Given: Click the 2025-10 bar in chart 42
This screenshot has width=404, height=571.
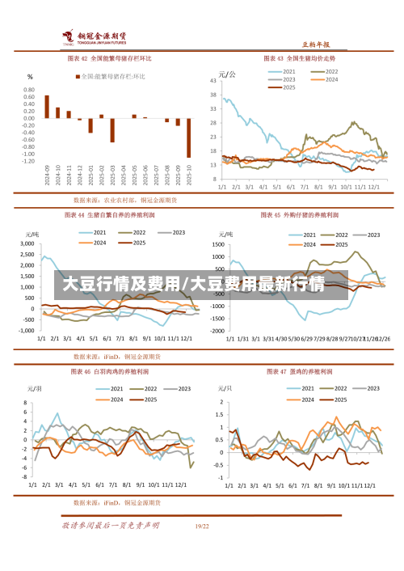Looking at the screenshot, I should pos(189,138).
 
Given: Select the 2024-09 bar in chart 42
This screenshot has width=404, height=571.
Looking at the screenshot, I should pos(47,107).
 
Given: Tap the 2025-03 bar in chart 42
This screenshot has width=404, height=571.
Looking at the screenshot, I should pos(112,130).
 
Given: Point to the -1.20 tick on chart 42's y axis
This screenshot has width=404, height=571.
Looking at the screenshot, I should pos(28,161).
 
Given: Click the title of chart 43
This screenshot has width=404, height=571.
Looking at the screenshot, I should pos(300,58).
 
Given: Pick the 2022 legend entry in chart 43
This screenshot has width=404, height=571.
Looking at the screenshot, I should pos(330,71).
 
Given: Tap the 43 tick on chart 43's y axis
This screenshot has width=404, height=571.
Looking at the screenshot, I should pos(214,80).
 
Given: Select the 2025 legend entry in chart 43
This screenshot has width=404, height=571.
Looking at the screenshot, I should pos(288,87).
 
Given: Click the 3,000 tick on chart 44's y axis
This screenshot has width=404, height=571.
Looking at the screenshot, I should pos(28,243).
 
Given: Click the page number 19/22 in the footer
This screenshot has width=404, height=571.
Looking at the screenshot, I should pos(202,526).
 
